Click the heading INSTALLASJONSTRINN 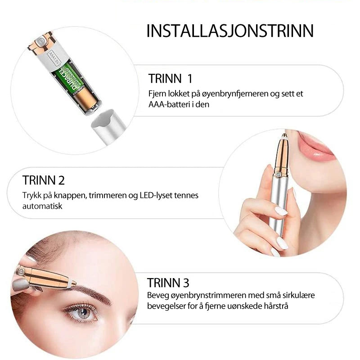[230, 31]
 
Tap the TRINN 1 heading [170, 78]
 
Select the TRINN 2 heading [43, 180]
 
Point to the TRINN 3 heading [168, 283]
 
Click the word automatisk [42, 206]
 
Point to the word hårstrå [276, 306]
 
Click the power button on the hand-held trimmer [279, 174]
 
